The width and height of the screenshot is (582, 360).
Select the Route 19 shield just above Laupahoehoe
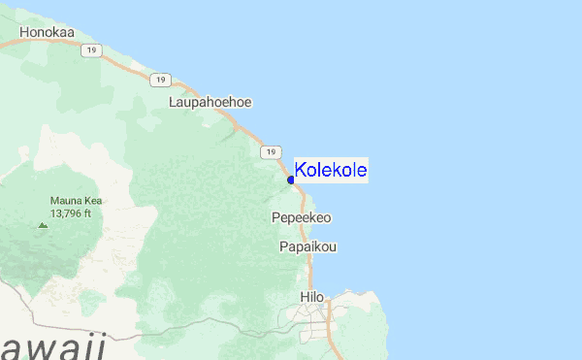tap(161, 80)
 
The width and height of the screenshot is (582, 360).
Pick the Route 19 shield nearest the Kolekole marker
tap(268, 152)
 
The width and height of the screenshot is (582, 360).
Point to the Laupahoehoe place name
tap(210, 101)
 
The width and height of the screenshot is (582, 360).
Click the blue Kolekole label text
tap(331, 171)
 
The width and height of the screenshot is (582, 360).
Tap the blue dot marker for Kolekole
tap(291, 180)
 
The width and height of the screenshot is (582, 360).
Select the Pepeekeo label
tap(301, 217)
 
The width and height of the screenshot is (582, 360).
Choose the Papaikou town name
tap(307, 246)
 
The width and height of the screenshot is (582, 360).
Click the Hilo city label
tap(311, 296)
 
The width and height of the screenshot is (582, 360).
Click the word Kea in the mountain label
tap(94, 201)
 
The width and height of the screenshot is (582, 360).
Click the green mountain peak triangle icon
tap(42, 225)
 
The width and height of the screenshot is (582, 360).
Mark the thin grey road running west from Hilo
tap(194, 321)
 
